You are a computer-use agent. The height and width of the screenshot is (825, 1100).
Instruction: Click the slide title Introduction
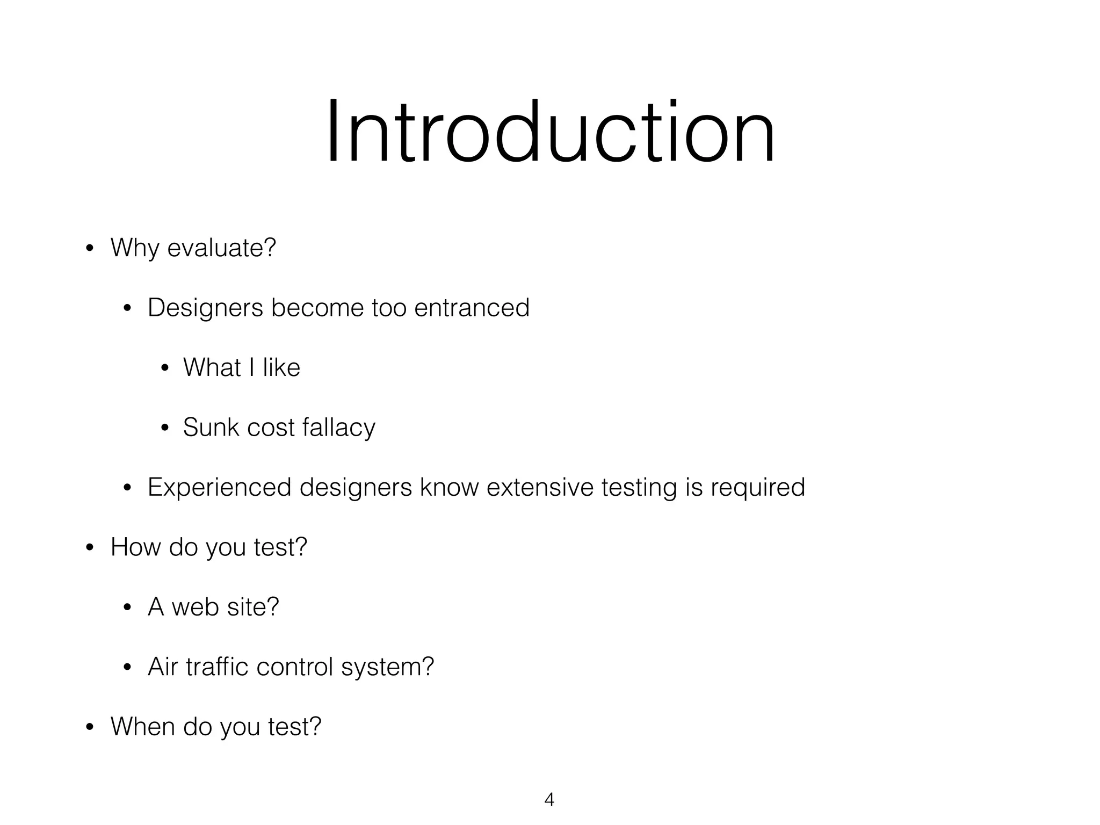pos(551,132)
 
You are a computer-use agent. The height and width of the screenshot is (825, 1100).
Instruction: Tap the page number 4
pos(549,800)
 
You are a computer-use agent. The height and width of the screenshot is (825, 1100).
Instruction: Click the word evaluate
pos(221,248)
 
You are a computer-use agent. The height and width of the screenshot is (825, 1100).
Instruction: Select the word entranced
pos(472,308)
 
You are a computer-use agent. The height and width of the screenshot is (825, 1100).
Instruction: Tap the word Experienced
pos(219,488)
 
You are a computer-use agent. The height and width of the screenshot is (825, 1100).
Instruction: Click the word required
pos(758,488)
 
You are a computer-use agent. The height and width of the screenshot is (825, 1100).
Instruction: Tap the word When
pos(142,726)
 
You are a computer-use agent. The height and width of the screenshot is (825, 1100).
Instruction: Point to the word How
pos(135,547)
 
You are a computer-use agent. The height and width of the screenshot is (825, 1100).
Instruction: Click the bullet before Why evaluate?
pos(90,249)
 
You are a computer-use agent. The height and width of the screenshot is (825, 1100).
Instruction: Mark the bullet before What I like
pos(165,368)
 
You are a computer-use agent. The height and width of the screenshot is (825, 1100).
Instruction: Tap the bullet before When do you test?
pos(90,727)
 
